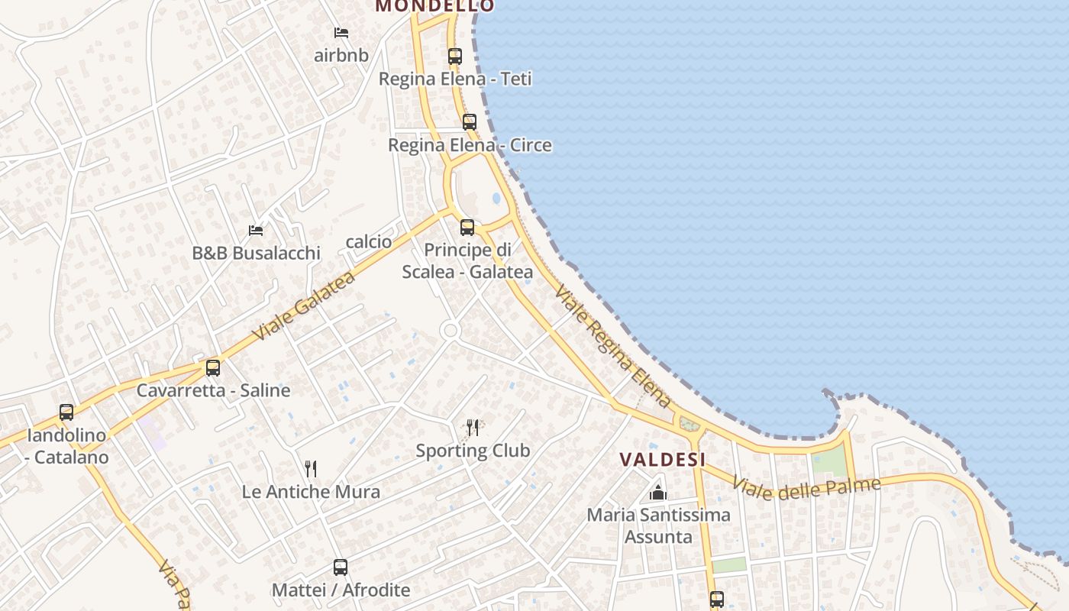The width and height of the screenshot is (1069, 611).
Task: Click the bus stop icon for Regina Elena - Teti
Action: click(455, 56)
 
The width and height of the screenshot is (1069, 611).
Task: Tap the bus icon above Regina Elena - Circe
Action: click(470, 122)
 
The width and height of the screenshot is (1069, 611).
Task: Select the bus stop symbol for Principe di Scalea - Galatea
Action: click(467, 227)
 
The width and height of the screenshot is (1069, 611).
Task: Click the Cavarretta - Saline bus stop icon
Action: click(213, 367)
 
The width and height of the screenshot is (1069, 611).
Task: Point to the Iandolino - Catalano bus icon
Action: click(66, 412)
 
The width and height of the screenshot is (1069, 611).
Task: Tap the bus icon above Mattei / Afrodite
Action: click(341, 567)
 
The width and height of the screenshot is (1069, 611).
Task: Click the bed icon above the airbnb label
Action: click(341, 33)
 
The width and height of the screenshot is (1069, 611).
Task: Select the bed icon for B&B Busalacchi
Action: click(256, 230)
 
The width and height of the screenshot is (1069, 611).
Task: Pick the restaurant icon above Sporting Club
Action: click(473, 428)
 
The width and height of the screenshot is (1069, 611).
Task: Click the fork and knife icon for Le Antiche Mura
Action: click(311, 468)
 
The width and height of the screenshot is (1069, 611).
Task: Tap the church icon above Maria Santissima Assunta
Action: click(658, 493)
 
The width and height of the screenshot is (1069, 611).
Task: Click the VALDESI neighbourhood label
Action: click(662, 459)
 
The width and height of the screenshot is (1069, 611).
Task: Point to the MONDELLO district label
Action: click(434, 6)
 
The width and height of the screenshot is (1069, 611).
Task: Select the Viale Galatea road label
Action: click(304, 305)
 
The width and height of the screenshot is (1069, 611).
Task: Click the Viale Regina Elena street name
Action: click(613, 346)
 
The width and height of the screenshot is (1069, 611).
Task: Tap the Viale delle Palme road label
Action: click(806, 486)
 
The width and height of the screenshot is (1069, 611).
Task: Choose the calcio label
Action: click(369, 242)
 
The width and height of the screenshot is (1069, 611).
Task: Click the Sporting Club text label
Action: click(473, 451)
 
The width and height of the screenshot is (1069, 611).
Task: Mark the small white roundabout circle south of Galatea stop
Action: click(450, 331)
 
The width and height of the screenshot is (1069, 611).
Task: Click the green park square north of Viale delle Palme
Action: click(828, 461)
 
